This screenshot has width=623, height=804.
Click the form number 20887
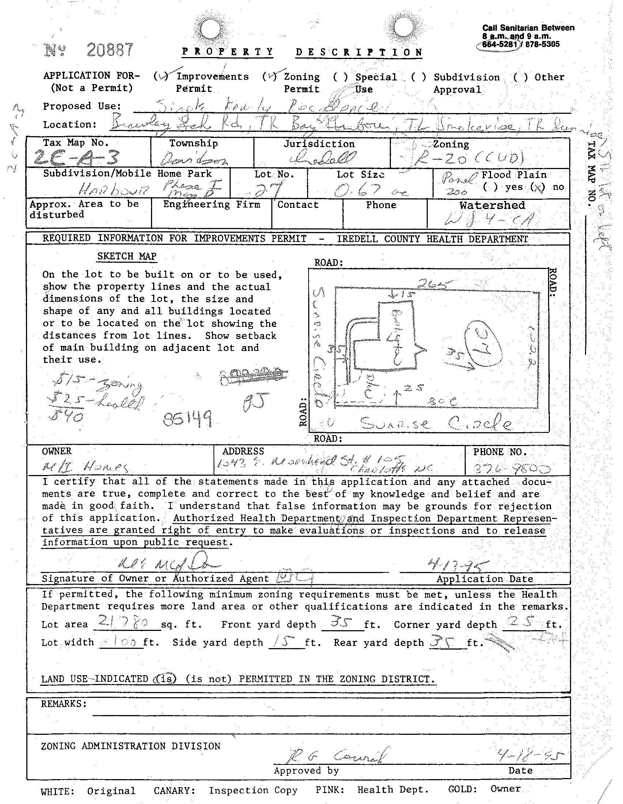[110, 50]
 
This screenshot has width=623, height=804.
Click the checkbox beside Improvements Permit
[161, 76]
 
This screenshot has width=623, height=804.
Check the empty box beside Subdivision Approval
[419, 77]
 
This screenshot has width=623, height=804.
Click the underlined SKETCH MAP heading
[127, 256]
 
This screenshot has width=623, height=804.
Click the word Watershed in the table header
[492, 205]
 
